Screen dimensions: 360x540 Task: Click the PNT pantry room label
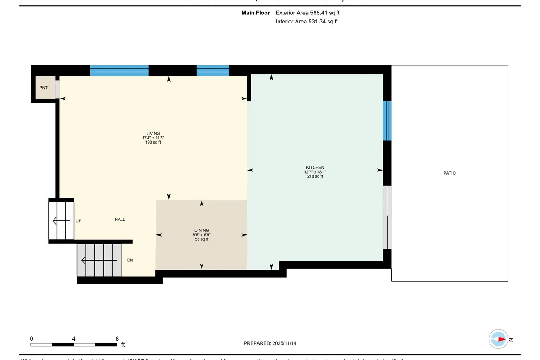point(43,88)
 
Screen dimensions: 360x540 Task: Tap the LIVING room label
point(151,133)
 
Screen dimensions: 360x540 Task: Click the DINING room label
point(201,230)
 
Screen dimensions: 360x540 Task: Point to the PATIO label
point(449,173)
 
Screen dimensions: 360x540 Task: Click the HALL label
point(120,220)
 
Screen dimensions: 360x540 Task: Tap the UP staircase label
point(78,221)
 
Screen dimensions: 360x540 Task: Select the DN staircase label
point(130,260)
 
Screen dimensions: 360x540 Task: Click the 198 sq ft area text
point(151,142)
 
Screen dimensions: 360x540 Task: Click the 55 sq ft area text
point(201,239)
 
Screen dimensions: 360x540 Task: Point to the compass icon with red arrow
point(499,339)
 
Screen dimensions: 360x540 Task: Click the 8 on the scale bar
point(117,339)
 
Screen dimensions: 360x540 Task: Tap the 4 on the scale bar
point(73,339)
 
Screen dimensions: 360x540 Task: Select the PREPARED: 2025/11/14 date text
point(270,343)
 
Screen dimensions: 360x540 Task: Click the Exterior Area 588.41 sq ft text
point(307,13)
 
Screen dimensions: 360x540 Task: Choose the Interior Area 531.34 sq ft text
point(306,21)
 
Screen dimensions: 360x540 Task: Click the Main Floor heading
point(256,13)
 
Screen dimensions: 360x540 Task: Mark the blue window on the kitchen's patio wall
point(387,121)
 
